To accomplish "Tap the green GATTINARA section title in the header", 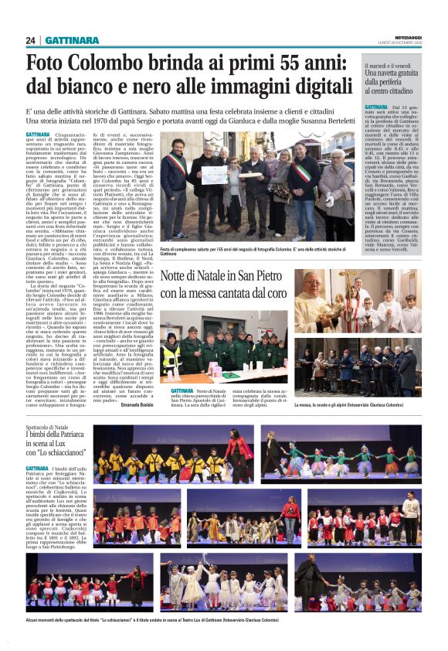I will (x=72, y=40).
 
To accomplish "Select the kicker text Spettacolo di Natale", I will (x=49, y=427).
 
